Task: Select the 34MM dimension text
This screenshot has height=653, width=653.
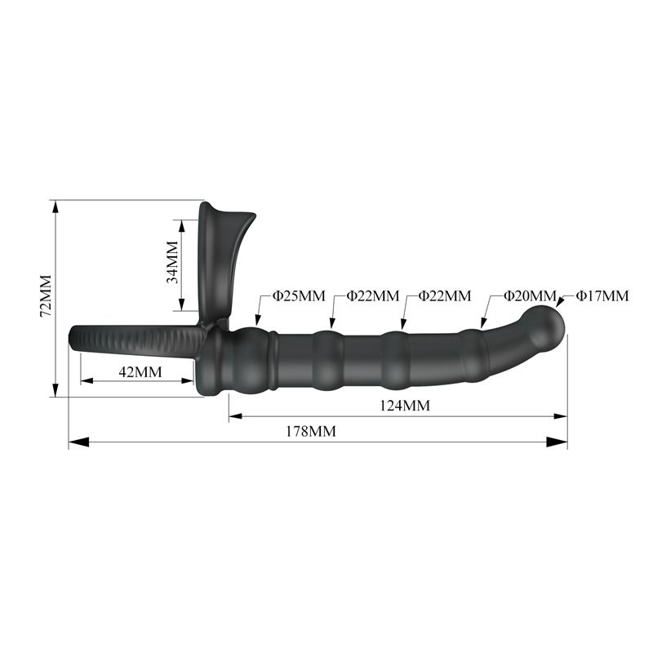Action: point(172,262)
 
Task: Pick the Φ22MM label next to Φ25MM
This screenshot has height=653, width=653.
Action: point(372,295)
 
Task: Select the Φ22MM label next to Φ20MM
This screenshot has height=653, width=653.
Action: point(445,295)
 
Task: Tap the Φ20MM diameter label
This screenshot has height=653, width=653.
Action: point(529,295)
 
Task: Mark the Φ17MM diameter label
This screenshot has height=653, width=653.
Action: point(602,295)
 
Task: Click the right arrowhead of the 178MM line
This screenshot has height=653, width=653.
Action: point(559,442)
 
